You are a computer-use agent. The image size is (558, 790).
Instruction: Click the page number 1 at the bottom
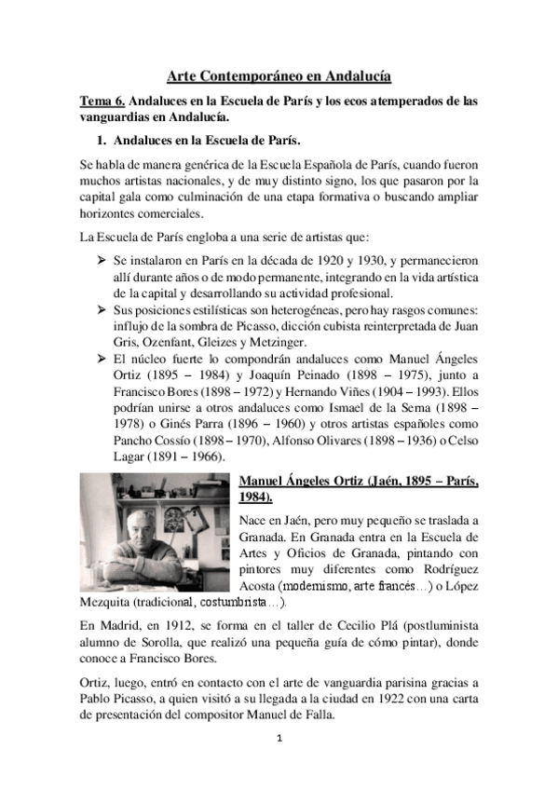[279, 765]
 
